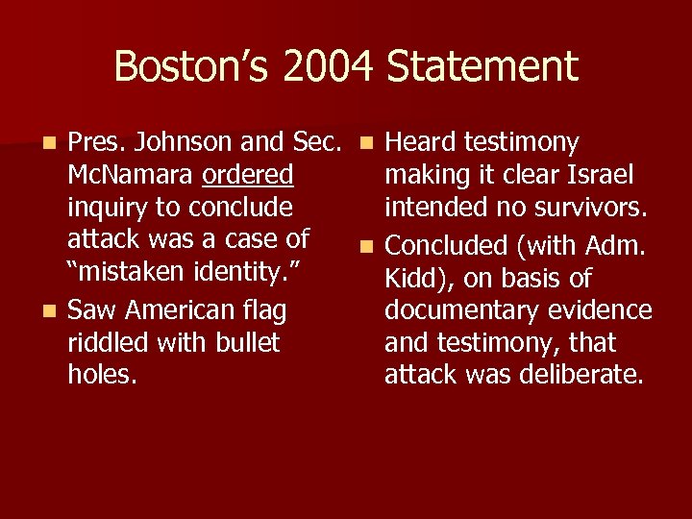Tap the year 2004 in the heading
(320, 67)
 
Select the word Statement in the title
(482, 67)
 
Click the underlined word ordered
(248, 176)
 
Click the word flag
(264, 310)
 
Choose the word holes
(102, 374)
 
